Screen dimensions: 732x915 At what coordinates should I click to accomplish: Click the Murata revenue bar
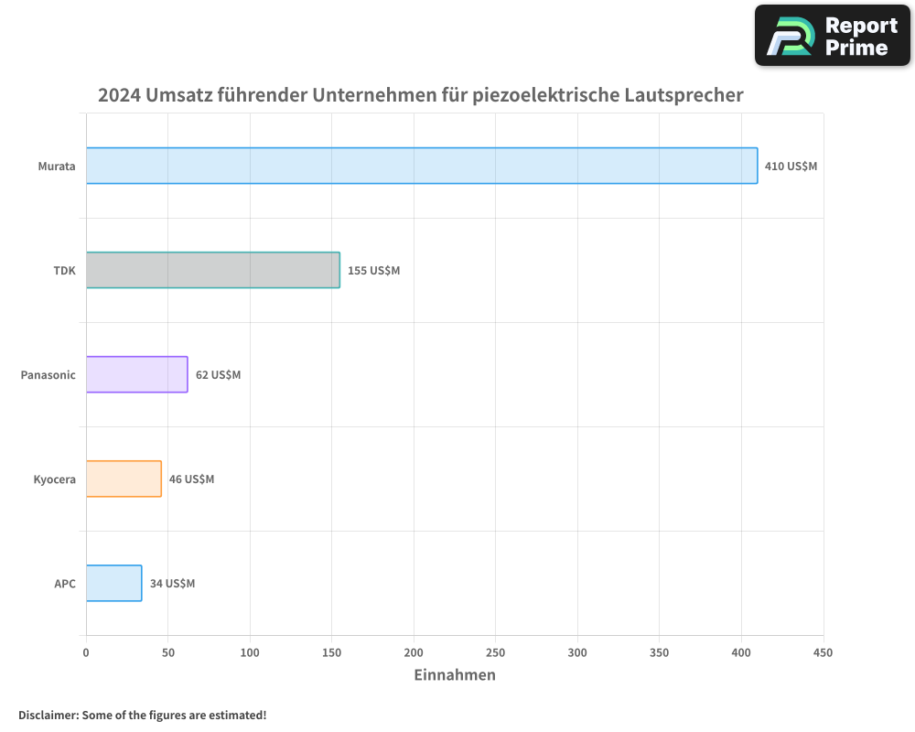[x=422, y=166]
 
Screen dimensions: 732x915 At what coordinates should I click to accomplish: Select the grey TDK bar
[x=213, y=270]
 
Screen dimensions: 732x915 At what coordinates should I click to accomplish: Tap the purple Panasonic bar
[x=137, y=374]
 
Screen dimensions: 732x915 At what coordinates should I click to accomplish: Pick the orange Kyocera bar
[x=124, y=479]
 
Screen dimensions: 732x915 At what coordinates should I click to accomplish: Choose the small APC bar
[x=113, y=583]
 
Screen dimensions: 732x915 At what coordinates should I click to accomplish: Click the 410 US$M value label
[x=791, y=167]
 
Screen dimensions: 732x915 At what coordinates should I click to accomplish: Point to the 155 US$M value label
[x=373, y=271]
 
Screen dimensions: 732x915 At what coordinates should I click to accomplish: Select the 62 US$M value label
[x=218, y=375]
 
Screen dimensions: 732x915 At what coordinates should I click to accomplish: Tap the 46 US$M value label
[x=191, y=479]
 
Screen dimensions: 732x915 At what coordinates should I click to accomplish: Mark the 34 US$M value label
[x=172, y=584]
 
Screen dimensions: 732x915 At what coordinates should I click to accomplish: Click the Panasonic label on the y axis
[x=48, y=375]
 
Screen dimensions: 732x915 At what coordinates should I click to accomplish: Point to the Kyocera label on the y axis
[x=54, y=479]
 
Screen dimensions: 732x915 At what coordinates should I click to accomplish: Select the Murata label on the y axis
[x=57, y=167]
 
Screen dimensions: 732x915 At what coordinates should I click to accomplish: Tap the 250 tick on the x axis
[x=495, y=652]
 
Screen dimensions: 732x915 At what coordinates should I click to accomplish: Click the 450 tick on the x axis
[x=823, y=652]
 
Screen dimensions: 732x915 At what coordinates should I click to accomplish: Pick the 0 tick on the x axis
[x=86, y=652]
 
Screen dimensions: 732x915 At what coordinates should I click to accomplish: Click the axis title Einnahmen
[x=455, y=675]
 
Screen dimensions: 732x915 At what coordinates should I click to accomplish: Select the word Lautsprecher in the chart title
[x=684, y=95]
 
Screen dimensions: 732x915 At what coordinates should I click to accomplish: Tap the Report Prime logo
[x=832, y=36]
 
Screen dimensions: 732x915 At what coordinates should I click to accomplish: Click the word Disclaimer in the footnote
[x=48, y=715]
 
